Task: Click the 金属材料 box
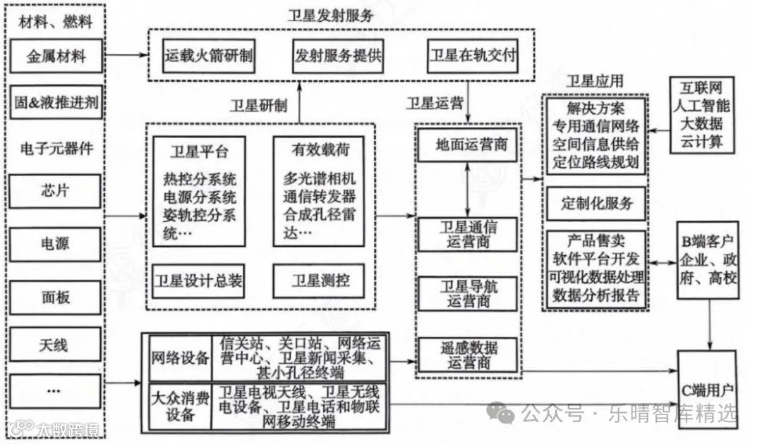pos(56,56)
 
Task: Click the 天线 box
pos(56,345)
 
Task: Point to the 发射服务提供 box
pos(337,54)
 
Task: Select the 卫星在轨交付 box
pos(472,54)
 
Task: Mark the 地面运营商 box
pos(467,146)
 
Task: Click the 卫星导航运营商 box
pos(467,294)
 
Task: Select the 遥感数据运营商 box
pos(467,354)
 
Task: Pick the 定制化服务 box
pos(597,204)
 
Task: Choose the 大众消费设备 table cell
pos(181,407)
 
